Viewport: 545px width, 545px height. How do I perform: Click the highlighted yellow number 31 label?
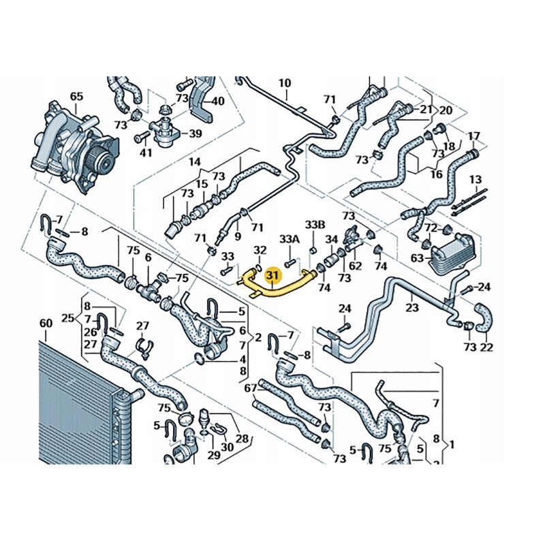point(273,275)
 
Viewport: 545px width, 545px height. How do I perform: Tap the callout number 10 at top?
point(284,83)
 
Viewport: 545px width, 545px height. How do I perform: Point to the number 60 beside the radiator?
point(46,322)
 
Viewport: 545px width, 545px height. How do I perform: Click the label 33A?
point(290,239)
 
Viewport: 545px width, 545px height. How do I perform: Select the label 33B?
point(315,224)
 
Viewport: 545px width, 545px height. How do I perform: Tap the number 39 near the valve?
point(195,134)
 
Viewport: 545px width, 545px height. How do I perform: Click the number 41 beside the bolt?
point(146,153)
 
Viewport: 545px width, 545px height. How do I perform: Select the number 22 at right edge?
point(486,348)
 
